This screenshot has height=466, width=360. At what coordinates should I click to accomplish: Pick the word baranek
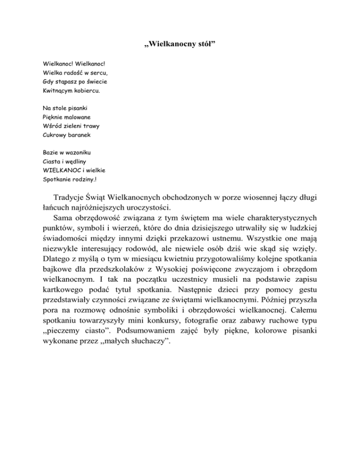[x=80, y=135]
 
